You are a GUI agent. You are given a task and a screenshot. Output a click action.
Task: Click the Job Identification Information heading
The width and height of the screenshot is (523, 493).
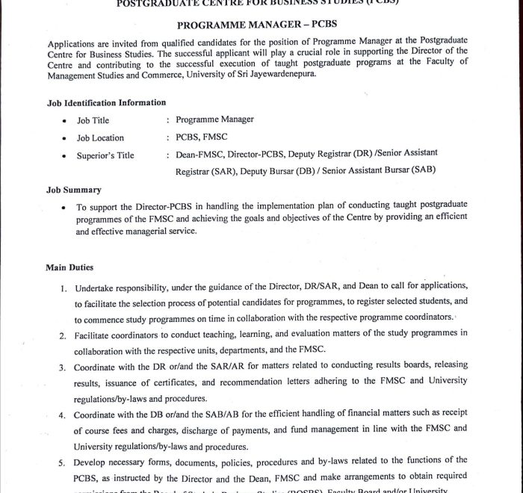click(x=106, y=102)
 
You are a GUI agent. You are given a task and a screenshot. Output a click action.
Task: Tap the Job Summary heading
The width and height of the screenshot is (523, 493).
click(x=74, y=190)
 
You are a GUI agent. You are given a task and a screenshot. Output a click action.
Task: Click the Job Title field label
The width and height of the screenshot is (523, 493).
click(x=93, y=120)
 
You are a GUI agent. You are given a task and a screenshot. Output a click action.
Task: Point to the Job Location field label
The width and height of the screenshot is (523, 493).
click(x=100, y=137)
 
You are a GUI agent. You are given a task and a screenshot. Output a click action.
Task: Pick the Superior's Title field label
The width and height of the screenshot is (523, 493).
click(x=105, y=155)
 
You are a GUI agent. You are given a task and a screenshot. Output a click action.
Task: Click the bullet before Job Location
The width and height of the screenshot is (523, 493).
click(x=65, y=138)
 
